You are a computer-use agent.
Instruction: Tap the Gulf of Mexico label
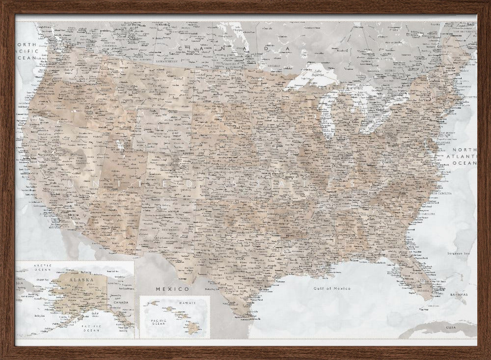pos(332,288)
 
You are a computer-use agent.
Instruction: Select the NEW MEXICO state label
pos(170,229)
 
